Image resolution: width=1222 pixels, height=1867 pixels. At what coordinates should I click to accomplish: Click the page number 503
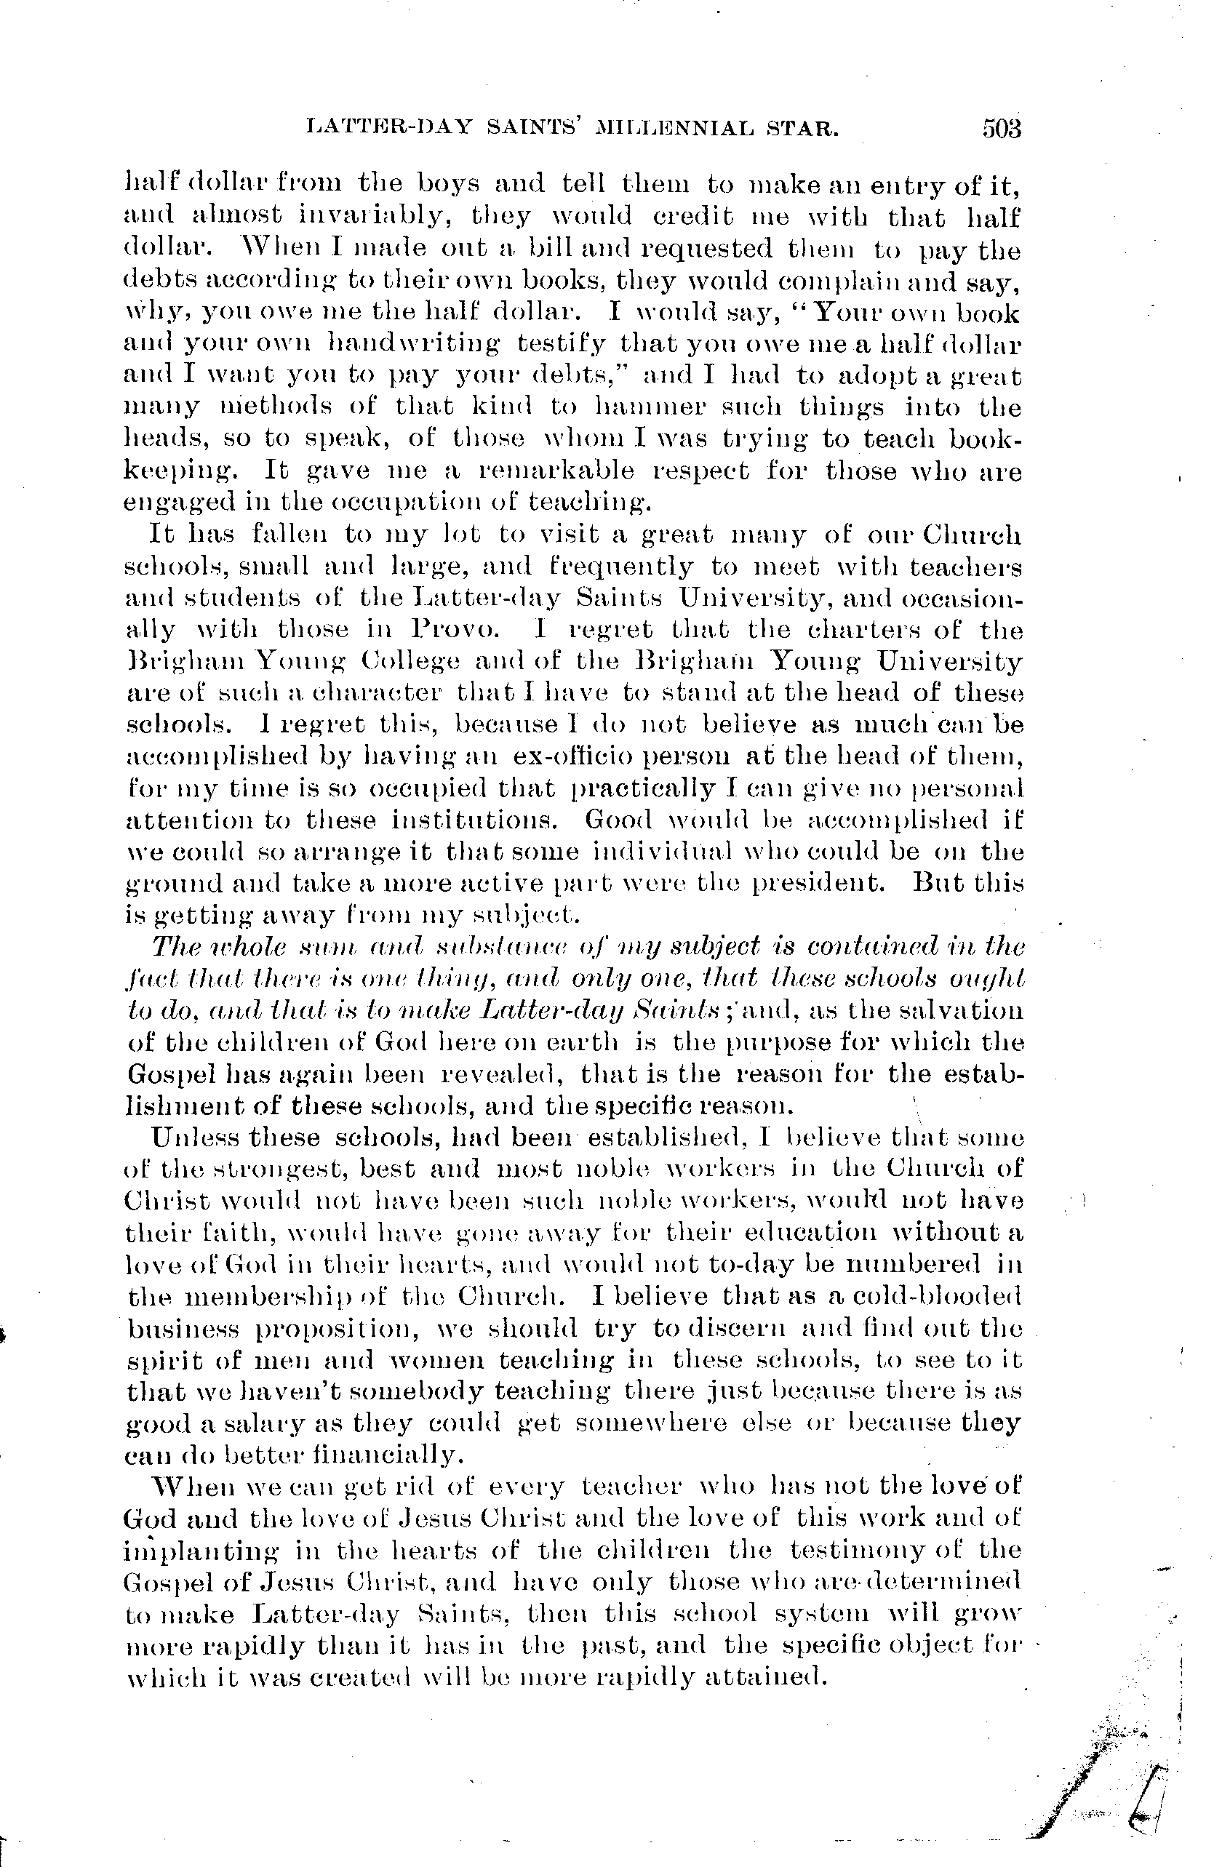click(x=1000, y=128)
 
